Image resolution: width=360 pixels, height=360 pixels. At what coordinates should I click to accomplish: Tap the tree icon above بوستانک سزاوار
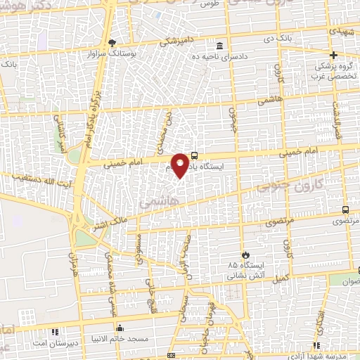tap(112, 43)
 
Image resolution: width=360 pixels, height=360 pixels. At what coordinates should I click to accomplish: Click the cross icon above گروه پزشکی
tap(334, 55)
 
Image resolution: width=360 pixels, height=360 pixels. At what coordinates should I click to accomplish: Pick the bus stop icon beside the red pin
tap(194, 156)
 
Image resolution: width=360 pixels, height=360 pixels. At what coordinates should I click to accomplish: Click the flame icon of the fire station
tap(245, 255)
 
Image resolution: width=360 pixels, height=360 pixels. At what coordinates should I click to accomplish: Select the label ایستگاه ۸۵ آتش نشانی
tap(245, 270)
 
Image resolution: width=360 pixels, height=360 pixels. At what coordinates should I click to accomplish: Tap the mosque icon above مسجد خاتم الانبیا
tap(120, 328)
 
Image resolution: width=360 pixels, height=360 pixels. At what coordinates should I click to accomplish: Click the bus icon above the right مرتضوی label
tap(345, 210)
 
